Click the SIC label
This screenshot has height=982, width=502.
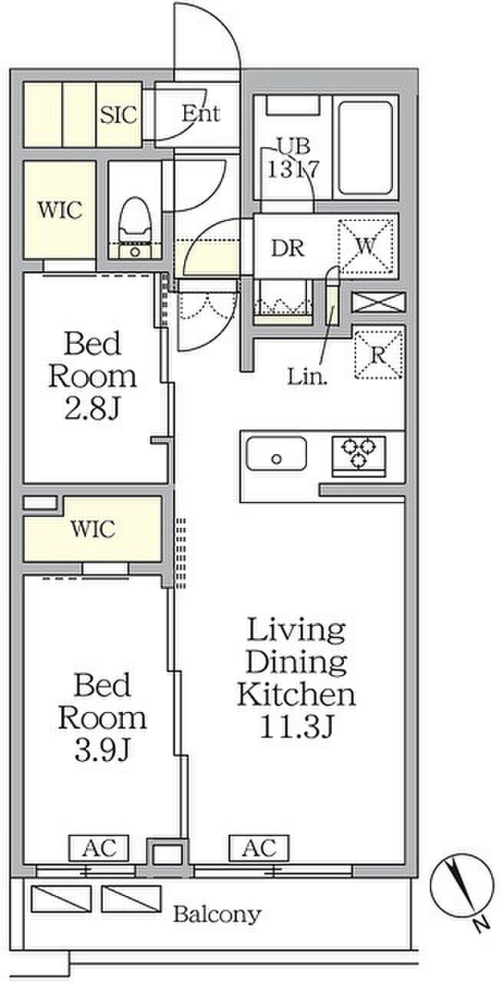[119, 115]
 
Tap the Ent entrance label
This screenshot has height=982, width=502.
[200, 114]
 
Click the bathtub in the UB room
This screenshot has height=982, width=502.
[366, 148]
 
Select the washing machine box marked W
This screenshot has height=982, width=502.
[365, 246]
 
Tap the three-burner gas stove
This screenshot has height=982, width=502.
[359, 456]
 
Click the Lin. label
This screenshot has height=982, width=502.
[307, 376]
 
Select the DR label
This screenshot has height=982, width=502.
[288, 248]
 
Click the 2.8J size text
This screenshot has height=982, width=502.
[92, 410]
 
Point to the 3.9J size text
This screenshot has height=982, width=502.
[102, 750]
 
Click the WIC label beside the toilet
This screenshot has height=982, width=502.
[60, 209]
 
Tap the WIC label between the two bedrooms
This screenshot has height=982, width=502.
[93, 529]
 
